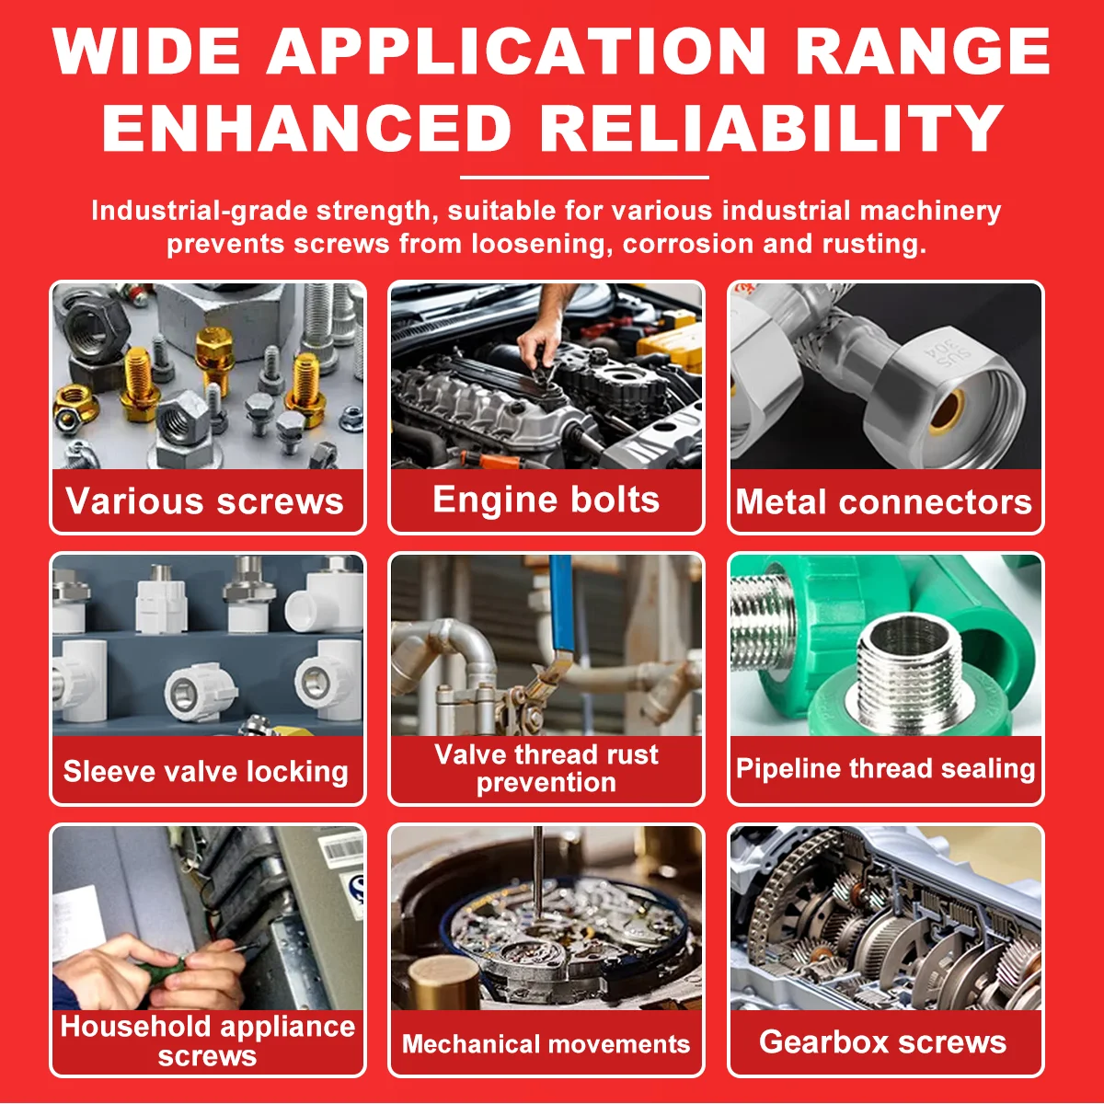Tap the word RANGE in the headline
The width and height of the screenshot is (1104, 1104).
(x=923, y=51)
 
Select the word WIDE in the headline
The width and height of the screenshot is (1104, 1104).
(x=146, y=51)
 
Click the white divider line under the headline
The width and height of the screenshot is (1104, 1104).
(x=584, y=178)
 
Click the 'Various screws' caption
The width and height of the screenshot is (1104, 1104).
(x=204, y=501)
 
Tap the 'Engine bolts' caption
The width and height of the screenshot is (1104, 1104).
(x=546, y=500)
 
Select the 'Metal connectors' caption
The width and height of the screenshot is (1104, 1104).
(x=884, y=502)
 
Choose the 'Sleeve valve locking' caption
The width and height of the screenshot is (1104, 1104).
(x=206, y=771)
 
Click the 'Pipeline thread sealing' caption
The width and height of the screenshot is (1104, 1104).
(x=885, y=768)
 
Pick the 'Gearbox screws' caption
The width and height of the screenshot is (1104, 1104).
(x=883, y=1041)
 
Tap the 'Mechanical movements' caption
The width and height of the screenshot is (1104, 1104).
(x=546, y=1043)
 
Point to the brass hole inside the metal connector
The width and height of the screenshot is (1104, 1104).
(x=947, y=411)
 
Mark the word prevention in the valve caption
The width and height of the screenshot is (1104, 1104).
(x=546, y=783)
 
